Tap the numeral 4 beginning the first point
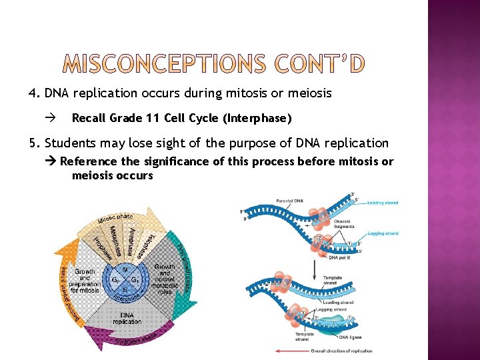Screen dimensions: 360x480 [x=33, y=93]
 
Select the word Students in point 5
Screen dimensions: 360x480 [x=69, y=143]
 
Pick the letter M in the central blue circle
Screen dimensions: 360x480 [x=127, y=269]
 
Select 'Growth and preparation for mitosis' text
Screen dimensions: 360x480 [x=85, y=281]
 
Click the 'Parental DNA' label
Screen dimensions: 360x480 [x=289, y=201]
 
